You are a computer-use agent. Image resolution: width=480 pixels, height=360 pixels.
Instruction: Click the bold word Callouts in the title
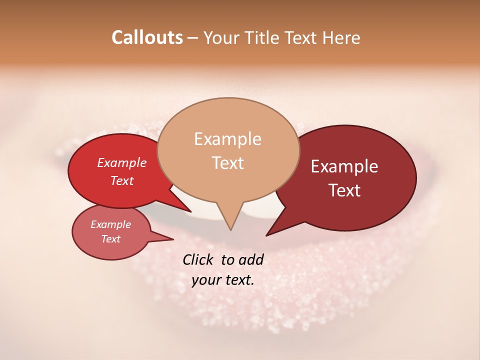click(147, 37)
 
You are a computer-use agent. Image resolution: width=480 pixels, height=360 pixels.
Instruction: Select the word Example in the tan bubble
click(227, 139)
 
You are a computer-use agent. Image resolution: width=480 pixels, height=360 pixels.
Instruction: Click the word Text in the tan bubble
click(227, 163)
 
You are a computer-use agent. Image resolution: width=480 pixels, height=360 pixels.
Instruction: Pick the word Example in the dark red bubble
click(344, 166)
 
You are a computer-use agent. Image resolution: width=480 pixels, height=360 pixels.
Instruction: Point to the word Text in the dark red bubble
click(344, 190)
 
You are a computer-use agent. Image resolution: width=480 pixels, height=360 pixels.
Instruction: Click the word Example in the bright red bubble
click(121, 163)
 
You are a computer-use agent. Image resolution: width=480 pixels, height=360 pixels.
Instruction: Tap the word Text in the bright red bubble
click(121, 181)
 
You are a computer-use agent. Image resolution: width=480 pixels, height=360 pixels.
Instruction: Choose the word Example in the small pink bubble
click(110, 224)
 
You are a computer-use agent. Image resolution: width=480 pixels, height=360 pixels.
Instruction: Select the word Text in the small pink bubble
click(110, 239)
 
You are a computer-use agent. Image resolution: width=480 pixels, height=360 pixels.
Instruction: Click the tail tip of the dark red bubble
click(266, 235)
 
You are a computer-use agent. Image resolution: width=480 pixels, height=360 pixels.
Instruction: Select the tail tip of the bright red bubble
click(191, 212)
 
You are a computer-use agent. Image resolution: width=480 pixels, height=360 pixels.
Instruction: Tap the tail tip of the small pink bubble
click(173, 239)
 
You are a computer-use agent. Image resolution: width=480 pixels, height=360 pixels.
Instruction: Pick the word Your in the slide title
click(221, 37)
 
